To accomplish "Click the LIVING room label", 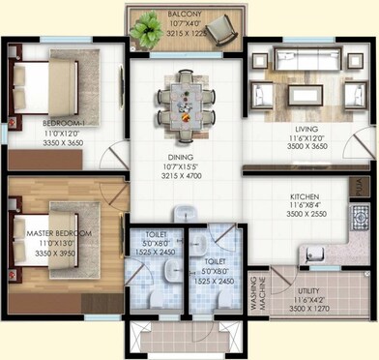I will click(294, 127).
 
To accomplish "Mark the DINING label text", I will click(183, 158).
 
